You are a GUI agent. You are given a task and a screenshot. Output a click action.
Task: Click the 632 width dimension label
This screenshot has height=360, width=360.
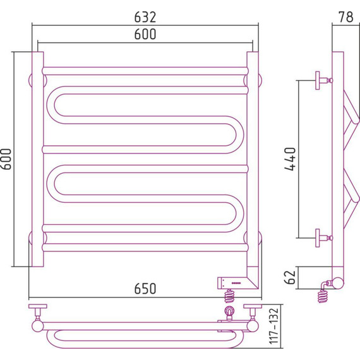coord(145,17)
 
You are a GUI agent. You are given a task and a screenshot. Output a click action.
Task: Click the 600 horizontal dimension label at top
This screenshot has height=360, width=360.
coord(145,34)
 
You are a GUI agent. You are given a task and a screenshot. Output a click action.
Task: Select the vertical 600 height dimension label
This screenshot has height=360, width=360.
coord(6,159)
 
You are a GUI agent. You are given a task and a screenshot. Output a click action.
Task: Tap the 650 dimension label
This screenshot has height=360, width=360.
coord(145,289)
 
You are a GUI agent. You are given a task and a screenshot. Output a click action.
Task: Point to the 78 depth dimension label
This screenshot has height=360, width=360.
coord(345,17)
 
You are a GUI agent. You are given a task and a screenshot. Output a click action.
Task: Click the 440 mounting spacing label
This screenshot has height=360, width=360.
coord(290,159)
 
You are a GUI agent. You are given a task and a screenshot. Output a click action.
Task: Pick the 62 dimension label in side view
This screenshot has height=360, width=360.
coord(290,277)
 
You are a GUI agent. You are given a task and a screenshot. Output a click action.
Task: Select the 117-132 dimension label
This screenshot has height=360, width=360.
coord(273,326)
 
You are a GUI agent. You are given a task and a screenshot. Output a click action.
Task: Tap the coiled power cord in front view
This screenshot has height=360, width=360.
coord(229,296)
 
